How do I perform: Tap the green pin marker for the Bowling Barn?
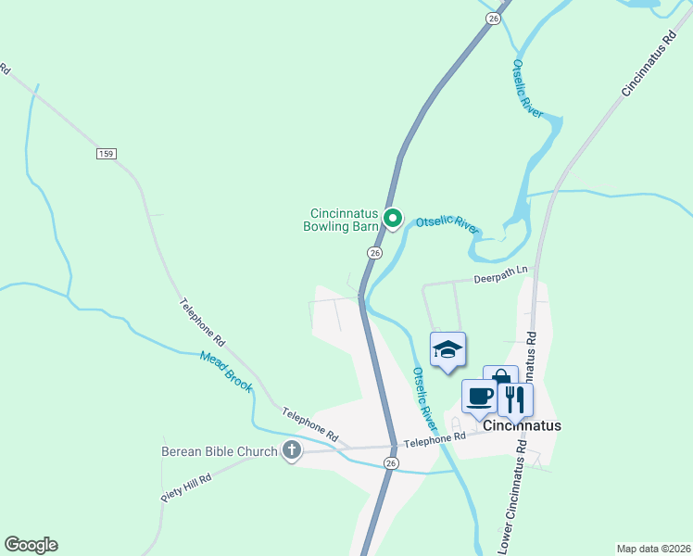(x=393, y=220)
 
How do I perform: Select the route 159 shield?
(x=105, y=153)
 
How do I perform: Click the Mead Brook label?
(x=226, y=371)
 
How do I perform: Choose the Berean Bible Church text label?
(x=220, y=451)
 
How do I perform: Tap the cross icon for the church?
(x=292, y=451)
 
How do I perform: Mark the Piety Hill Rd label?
(x=186, y=487)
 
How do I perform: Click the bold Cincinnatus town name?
(x=522, y=425)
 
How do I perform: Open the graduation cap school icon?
(x=448, y=350)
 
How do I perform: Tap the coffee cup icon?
(x=480, y=397)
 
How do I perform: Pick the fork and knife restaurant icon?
(x=515, y=399)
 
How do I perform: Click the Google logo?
(x=31, y=545)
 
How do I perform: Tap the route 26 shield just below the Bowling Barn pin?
(x=374, y=252)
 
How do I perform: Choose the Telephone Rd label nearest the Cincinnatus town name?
(x=435, y=440)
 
